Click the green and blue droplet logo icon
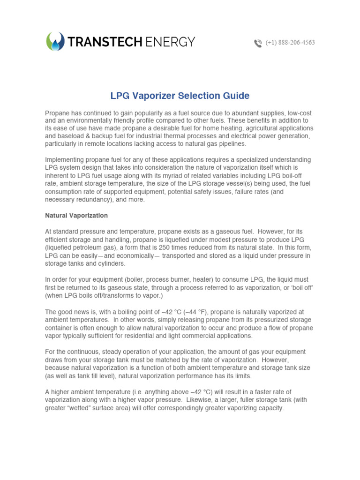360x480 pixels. [x=55, y=42]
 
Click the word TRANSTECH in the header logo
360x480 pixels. [x=105, y=42]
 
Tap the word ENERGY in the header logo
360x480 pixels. [x=170, y=42]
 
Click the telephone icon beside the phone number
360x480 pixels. [x=258, y=43]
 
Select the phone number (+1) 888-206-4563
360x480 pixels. [x=290, y=43]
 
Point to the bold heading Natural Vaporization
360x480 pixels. [x=76, y=216]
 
